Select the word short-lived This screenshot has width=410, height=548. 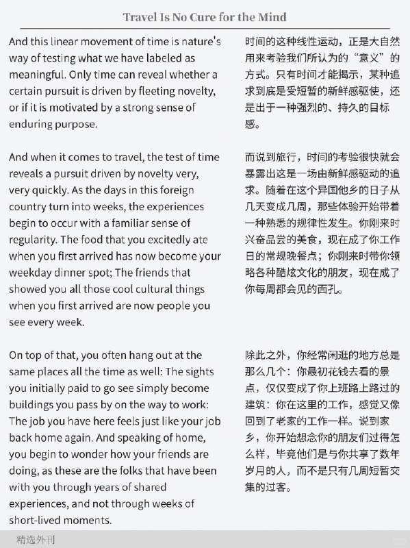click(x=39, y=520)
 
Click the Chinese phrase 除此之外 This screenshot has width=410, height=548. click(x=266, y=356)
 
